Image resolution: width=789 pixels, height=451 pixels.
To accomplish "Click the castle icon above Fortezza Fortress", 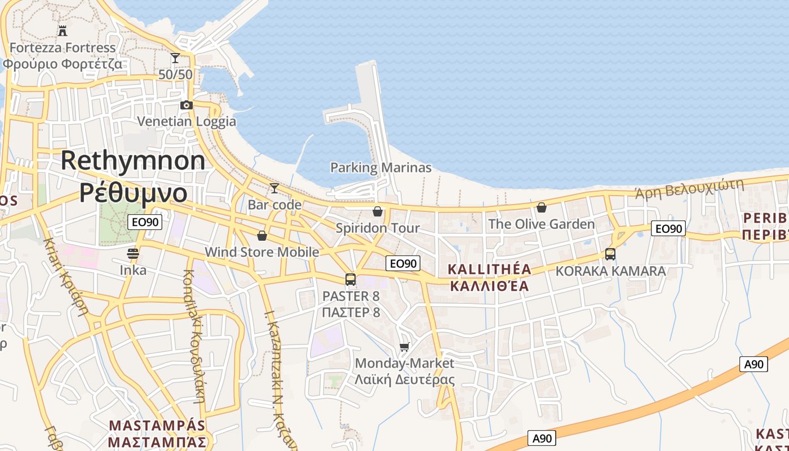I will [63, 30].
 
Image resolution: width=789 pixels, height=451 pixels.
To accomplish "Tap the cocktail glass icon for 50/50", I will [175, 58].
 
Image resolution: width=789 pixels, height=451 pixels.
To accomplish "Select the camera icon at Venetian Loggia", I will [187, 105].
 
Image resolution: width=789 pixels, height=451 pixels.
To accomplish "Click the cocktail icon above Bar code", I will [274, 188].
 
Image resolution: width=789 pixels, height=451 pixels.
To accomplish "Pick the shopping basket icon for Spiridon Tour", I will [378, 211].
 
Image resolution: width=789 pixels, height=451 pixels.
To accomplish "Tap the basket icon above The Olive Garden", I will [542, 207].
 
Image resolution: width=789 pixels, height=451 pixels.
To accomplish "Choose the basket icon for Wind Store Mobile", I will [261, 235].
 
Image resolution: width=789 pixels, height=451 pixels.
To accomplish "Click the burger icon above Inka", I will [133, 254].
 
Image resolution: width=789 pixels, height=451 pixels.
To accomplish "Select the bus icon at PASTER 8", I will [351, 279].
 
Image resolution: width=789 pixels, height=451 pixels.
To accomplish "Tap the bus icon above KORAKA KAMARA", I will [610, 254].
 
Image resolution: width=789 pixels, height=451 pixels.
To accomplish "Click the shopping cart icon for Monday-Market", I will [404, 347].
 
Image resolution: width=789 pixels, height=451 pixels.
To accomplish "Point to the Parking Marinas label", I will [380, 167].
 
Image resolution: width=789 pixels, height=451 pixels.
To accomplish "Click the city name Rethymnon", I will [133, 161].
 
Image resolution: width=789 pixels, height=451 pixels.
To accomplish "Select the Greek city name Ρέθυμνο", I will [133, 193].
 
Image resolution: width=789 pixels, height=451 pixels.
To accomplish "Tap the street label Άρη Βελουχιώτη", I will [689, 188].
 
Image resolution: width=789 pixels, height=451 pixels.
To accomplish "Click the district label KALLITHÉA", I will [489, 269].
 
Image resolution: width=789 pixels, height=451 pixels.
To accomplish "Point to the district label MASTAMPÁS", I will [157, 425].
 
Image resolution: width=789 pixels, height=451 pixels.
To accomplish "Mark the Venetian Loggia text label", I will [187, 121].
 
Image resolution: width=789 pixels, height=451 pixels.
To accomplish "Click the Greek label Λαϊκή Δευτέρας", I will [404, 379].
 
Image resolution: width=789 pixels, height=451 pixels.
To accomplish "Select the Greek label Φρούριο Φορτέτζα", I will [62, 63].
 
